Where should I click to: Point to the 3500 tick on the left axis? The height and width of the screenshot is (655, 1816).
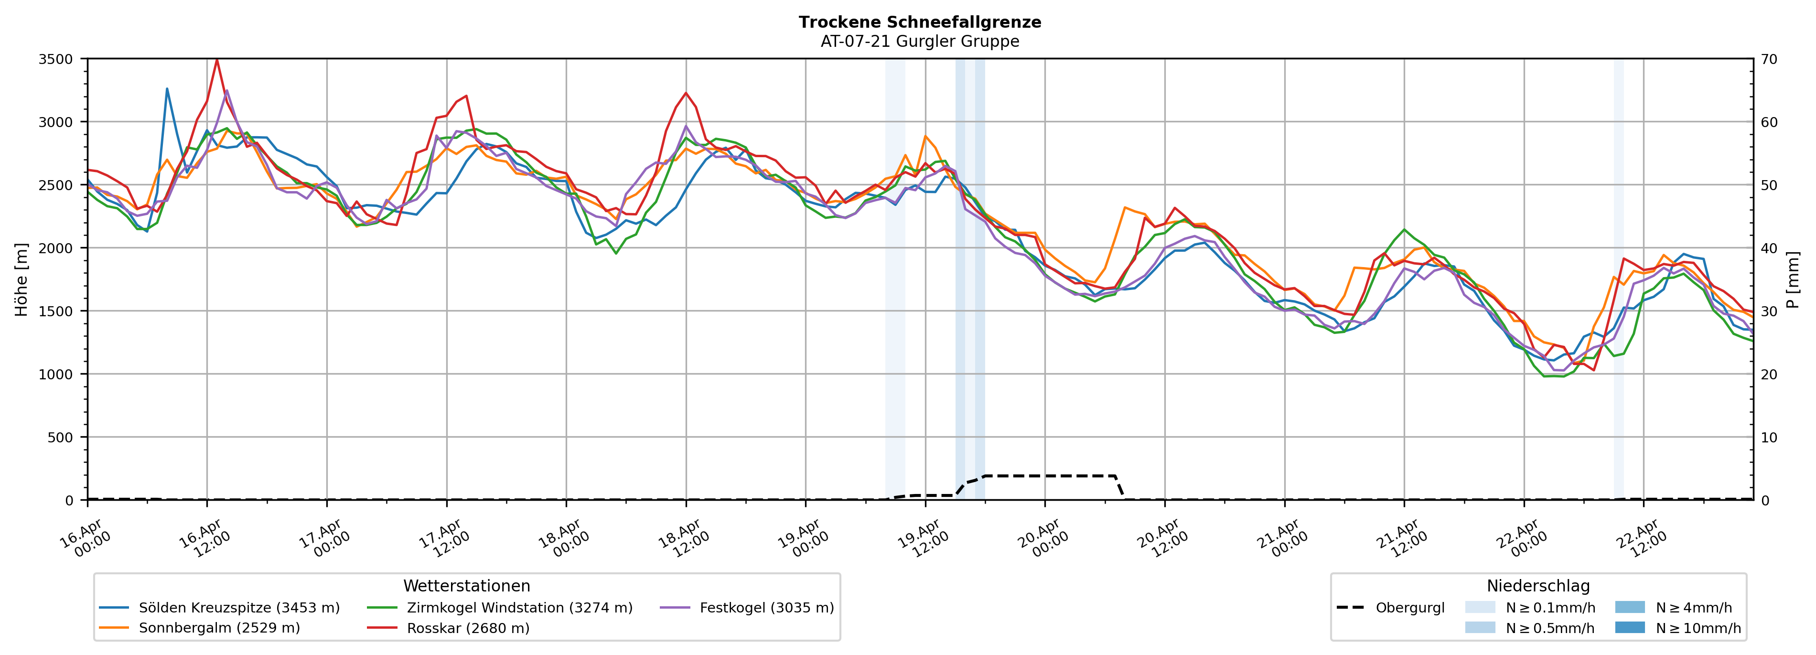[56, 59]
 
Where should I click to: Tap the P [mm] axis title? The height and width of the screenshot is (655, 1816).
[1793, 279]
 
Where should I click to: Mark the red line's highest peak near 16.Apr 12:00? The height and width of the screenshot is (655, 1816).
[216, 59]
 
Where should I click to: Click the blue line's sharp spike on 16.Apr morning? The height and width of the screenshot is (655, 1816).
[167, 89]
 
